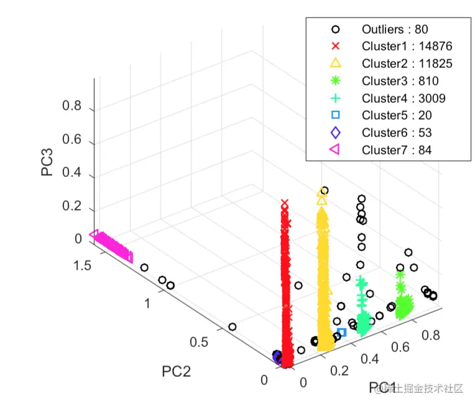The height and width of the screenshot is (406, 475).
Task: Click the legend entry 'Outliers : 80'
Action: (x=395, y=29)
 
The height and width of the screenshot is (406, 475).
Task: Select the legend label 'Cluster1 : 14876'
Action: (x=407, y=46)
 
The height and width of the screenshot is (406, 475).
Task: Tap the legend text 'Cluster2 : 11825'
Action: (x=407, y=64)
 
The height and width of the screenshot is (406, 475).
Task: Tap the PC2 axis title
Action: (x=176, y=372)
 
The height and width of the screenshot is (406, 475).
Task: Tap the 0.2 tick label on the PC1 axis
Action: (x=339, y=371)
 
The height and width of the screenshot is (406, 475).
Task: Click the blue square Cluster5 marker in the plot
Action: (x=341, y=333)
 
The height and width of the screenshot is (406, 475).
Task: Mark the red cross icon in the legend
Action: (x=335, y=46)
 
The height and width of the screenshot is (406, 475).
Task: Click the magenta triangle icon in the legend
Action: (x=335, y=149)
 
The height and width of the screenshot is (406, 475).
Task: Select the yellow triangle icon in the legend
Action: (x=335, y=63)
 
